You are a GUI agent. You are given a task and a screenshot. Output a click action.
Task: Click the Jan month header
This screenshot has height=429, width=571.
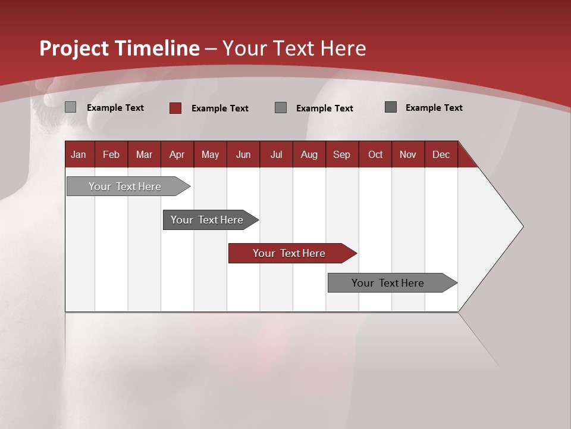click(x=79, y=154)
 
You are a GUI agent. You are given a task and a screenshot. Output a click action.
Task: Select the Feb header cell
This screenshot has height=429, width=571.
click(x=111, y=154)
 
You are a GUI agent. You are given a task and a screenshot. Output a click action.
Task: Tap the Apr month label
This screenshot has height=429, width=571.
click(x=177, y=154)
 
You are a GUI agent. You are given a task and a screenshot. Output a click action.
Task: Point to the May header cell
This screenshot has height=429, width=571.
click(x=210, y=154)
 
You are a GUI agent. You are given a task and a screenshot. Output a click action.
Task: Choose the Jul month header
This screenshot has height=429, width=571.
click(x=276, y=154)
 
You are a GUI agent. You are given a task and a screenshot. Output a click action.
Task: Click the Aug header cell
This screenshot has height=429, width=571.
click(x=309, y=154)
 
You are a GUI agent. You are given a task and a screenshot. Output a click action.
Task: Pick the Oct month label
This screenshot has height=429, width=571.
click(x=375, y=154)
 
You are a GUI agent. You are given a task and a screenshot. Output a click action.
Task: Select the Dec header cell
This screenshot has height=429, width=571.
click(x=441, y=154)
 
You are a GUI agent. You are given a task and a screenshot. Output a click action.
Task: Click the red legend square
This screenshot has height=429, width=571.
click(x=175, y=108)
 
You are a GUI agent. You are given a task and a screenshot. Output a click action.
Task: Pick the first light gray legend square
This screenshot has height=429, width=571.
click(x=71, y=107)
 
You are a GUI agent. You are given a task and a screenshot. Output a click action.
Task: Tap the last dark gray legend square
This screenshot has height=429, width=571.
click(x=391, y=107)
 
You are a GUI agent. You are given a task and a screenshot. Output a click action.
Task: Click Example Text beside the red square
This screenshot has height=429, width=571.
click(x=219, y=108)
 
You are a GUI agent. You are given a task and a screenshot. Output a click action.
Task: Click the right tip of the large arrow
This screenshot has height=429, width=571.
click(x=522, y=226)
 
